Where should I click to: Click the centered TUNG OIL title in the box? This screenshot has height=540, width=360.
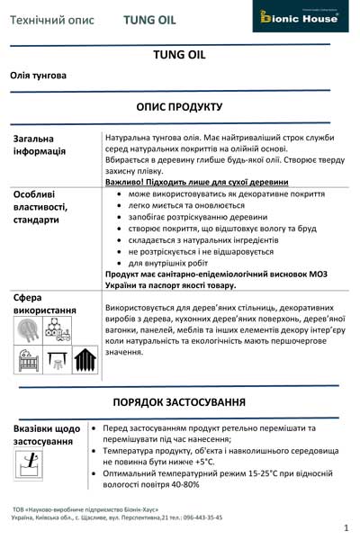click(x=180, y=55)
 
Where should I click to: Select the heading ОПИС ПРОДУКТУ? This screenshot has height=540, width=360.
click(x=180, y=106)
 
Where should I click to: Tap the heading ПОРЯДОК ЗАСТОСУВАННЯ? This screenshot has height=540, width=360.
click(x=180, y=400)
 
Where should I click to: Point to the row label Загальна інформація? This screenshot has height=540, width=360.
click(x=40, y=145)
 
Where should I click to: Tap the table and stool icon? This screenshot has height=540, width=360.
click(x=56, y=362)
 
